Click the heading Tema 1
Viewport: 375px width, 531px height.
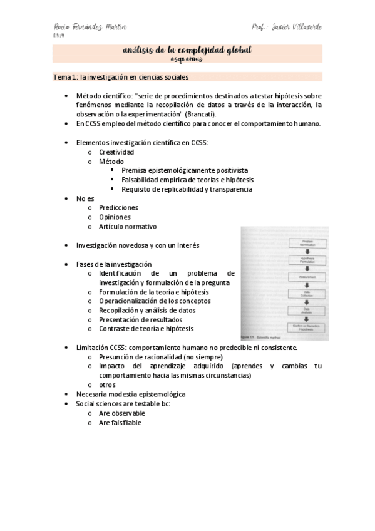click(x=63, y=77)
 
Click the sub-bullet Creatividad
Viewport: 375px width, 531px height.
click(x=116, y=152)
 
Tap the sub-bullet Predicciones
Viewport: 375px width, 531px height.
click(x=118, y=207)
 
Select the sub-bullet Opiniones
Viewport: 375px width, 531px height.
click(x=115, y=217)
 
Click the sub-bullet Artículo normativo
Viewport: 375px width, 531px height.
click(x=128, y=226)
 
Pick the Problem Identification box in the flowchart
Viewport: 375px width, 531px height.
click(x=307, y=242)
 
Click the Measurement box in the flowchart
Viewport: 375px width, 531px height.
click(x=307, y=276)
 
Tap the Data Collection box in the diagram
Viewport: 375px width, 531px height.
click(x=307, y=293)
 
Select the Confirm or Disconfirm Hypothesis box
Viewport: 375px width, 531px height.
click(x=307, y=327)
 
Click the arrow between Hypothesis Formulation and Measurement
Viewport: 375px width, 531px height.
click(x=307, y=268)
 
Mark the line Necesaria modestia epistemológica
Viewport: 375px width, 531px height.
click(x=131, y=394)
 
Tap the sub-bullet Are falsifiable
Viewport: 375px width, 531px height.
click(x=120, y=423)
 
